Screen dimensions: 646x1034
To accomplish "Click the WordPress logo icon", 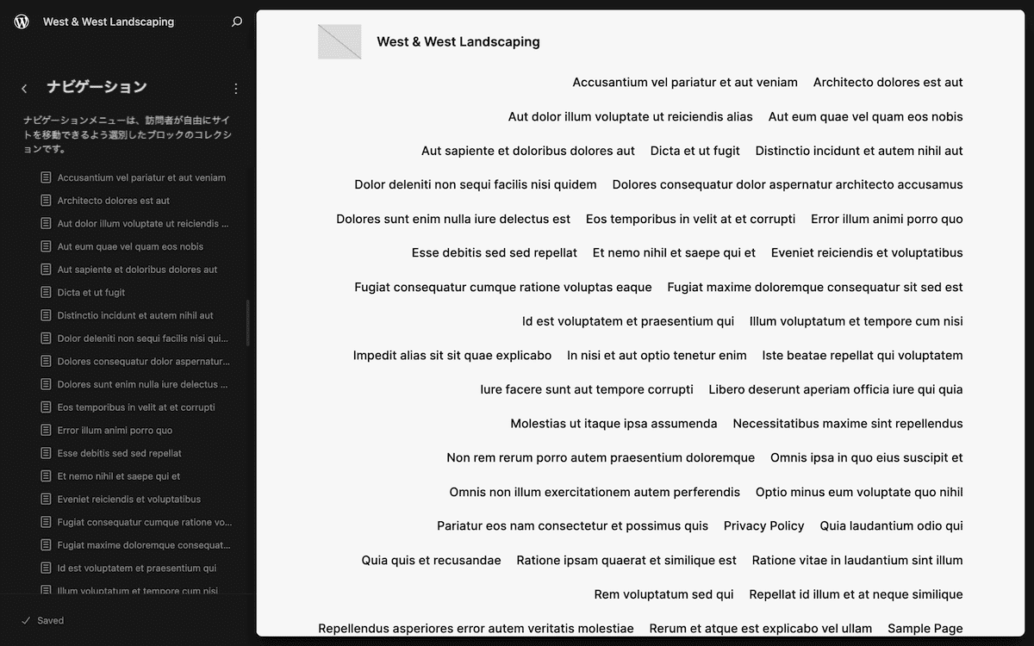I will pyautogui.click(x=22, y=22).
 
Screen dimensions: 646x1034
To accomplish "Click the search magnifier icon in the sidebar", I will pyautogui.click(x=237, y=22).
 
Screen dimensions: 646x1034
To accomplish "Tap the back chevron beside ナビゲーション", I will pyautogui.click(x=24, y=88).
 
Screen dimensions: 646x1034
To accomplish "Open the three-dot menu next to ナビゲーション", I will pyautogui.click(x=236, y=88).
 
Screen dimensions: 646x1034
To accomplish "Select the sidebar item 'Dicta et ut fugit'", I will pyautogui.click(x=91, y=293).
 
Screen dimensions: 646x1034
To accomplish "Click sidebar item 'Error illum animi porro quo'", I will pyautogui.click(x=115, y=431).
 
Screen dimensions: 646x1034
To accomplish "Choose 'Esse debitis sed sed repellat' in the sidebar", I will pyautogui.click(x=119, y=453).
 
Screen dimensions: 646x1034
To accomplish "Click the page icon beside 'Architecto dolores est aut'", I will pyautogui.click(x=47, y=201).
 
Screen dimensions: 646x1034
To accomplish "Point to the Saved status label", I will pyautogui.click(x=50, y=620).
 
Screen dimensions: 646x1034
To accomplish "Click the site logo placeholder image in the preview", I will pyautogui.click(x=339, y=41).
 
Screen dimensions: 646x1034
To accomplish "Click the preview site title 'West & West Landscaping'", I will pyautogui.click(x=458, y=41).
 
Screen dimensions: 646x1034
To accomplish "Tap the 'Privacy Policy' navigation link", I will pyautogui.click(x=763, y=526).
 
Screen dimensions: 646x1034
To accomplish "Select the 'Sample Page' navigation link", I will pyautogui.click(x=925, y=629).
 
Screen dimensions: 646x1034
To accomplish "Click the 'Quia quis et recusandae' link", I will pyautogui.click(x=431, y=561).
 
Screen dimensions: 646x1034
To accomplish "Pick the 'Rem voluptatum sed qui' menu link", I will pyautogui.click(x=663, y=594).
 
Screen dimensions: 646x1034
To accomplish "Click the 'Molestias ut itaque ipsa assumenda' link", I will pyautogui.click(x=614, y=424).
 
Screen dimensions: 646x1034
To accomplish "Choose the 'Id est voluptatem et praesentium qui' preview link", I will pyautogui.click(x=628, y=321).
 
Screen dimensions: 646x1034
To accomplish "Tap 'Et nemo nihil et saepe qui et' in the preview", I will pyautogui.click(x=674, y=253).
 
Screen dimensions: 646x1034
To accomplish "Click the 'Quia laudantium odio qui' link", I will pyautogui.click(x=891, y=526).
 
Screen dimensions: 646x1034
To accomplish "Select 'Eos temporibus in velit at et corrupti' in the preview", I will pyautogui.click(x=690, y=219).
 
